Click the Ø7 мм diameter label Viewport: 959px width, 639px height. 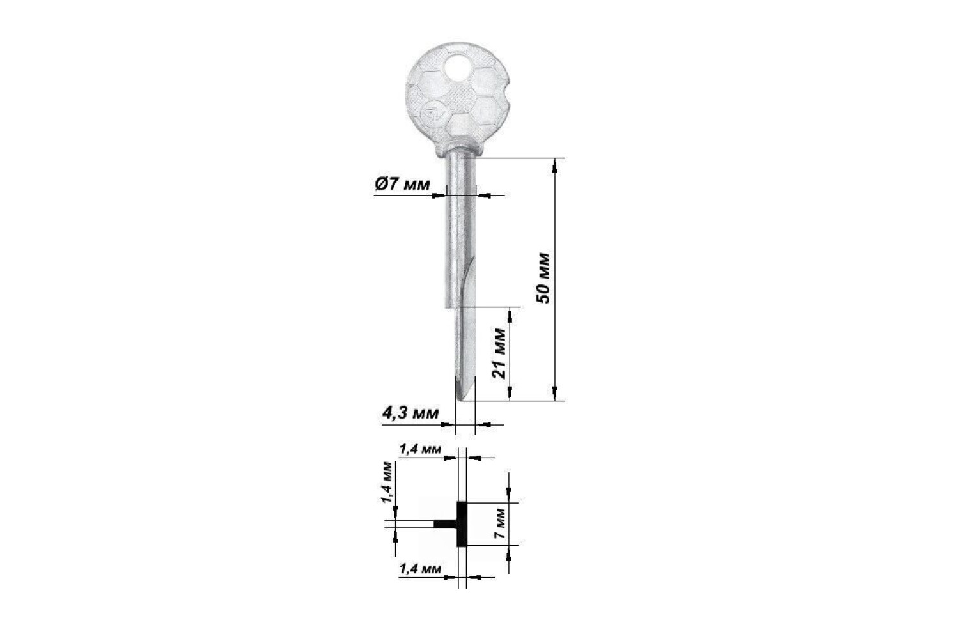[402, 185]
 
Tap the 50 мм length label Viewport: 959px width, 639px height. [543, 278]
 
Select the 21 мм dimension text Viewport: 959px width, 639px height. [499, 353]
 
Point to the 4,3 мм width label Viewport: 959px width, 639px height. [410, 413]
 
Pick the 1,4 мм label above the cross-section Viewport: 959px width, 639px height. [420, 449]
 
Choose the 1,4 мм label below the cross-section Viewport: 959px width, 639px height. [420, 569]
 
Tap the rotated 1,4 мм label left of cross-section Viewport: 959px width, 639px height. [387, 482]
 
